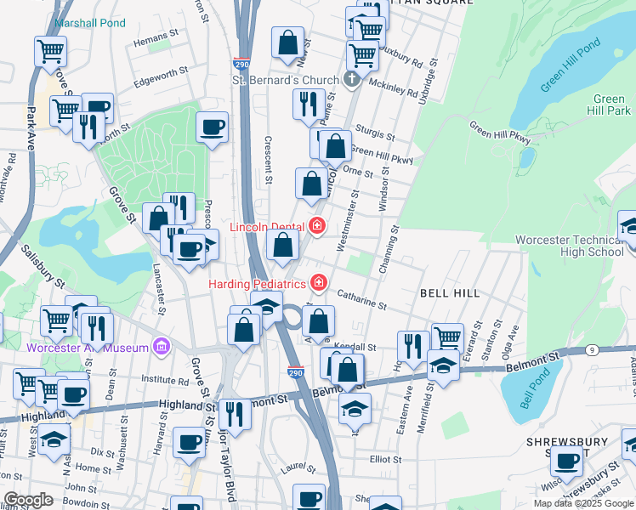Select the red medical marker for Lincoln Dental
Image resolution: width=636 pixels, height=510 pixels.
[x=317, y=225]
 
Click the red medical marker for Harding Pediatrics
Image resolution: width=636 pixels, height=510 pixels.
[x=319, y=281]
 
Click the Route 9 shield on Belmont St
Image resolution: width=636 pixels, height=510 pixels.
[x=616, y=349]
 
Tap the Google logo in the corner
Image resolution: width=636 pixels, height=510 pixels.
[x=27, y=500]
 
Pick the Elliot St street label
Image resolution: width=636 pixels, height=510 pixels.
[x=384, y=458]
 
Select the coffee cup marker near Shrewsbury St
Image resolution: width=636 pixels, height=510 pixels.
[x=566, y=461]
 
